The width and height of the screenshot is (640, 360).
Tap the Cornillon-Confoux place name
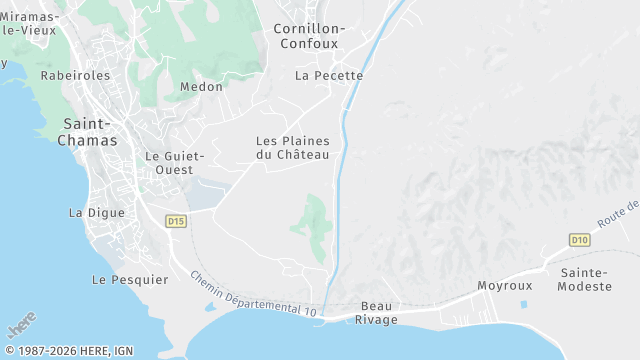coord(309,36)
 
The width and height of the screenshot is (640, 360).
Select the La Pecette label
coord(329,75)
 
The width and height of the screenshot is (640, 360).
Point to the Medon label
coord(201,87)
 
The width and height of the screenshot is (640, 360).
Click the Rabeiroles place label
coord(75,75)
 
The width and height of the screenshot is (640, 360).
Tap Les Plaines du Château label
coord(293,148)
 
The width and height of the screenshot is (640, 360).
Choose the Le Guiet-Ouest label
coord(175,163)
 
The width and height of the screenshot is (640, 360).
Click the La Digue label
coord(97,213)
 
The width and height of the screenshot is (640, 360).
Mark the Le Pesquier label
coord(130,280)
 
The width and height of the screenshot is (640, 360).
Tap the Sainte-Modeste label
coord(586,279)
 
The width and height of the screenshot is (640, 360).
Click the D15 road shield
coord(176,221)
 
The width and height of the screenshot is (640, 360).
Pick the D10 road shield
coord(580,240)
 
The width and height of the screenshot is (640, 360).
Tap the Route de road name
coord(617,213)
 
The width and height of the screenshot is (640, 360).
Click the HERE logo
coord(21,326)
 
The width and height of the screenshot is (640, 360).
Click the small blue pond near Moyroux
coord(524,303)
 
